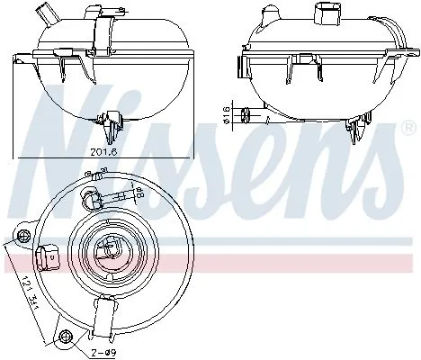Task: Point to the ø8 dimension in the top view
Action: pos(139,191)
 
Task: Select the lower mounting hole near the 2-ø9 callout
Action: pos(64,337)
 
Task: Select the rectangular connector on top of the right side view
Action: pos(326,13)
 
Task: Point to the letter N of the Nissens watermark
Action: pos(58,117)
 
